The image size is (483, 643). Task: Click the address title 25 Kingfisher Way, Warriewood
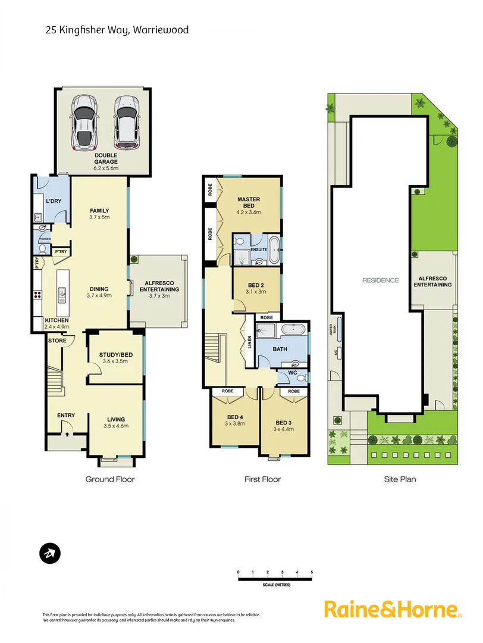pyautogui.click(x=117, y=29)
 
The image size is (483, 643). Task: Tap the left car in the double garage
pyautogui.click(x=84, y=123)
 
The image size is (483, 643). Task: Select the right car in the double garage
pyautogui.click(x=126, y=123)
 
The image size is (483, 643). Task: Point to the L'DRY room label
pyautogui.click(x=54, y=201)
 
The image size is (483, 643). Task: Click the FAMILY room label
pyautogui.click(x=99, y=211)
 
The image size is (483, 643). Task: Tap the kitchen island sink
pyautogui.click(x=61, y=294)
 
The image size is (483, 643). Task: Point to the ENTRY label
pyautogui.click(x=65, y=416)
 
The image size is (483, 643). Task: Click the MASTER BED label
pyautogui.click(x=249, y=202)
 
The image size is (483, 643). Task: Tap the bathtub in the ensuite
pyautogui.click(x=273, y=250)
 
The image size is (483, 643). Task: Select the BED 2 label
pyautogui.click(x=257, y=285)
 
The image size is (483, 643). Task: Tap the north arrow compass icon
pyautogui.click(x=50, y=553)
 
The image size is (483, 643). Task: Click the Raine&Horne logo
pyautogui.click(x=393, y=610)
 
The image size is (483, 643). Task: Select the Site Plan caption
pyautogui.click(x=399, y=479)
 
